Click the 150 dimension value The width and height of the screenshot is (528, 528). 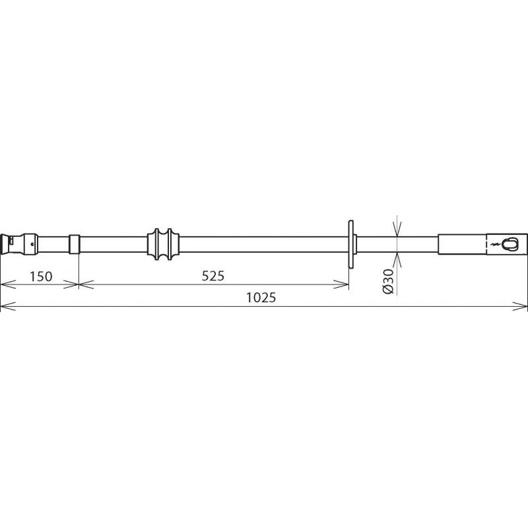41,276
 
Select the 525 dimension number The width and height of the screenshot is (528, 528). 213,276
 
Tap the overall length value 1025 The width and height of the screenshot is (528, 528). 261,298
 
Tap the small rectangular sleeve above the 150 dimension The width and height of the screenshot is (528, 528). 75,244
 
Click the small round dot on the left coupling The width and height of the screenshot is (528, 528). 32,244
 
